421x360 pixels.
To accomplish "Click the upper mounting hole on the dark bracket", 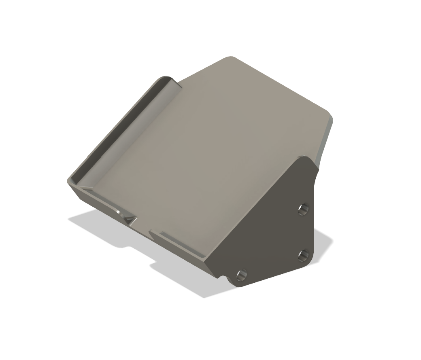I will [303, 209].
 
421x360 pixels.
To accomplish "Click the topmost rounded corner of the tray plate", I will [230, 58].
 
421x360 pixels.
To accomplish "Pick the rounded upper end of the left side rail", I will [166, 78].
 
